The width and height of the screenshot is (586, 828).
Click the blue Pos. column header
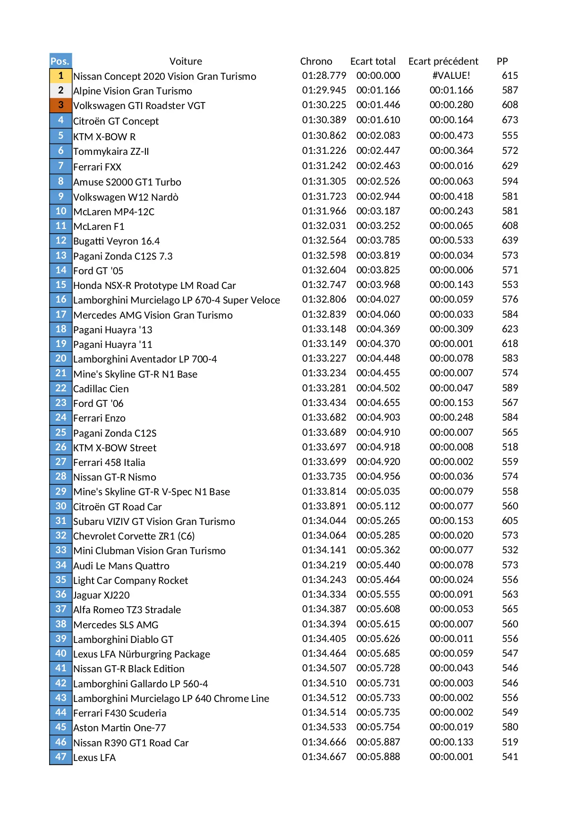pyautogui.click(x=60, y=61)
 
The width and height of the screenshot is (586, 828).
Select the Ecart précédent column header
pyautogui.click(x=443, y=61)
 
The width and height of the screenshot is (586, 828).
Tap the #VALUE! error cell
pyautogui.click(x=451, y=76)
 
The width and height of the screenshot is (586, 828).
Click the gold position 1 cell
pyautogui.click(x=61, y=76)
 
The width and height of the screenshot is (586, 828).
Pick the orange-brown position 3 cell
pyautogui.click(x=61, y=105)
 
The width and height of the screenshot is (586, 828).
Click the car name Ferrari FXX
pyautogui.click(x=97, y=167)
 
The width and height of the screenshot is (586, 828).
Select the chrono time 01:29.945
pyautogui.click(x=324, y=90)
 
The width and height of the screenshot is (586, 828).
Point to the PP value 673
pyautogui.click(x=510, y=120)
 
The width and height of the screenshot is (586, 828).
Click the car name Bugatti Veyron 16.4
pyautogui.click(x=116, y=241)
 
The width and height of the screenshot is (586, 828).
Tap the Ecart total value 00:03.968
pyautogui.click(x=378, y=285)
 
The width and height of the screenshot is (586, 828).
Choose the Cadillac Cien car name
pyautogui.click(x=101, y=389)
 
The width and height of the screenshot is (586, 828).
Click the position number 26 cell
pyautogui.click(x=61, y=447)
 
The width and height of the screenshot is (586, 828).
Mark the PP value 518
pyautogui.click(x=510, y=447)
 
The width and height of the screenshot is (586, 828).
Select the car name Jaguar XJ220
pyautogui.click(x=102, y=595)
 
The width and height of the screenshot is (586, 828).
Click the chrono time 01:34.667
pyautogui.click(x=324, y=757)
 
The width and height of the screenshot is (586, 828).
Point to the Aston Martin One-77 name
pyautogui.click(x=119, y=727)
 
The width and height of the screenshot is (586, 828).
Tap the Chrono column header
pyautogui.click(x=316, y=61)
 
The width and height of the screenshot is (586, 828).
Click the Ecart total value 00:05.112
pyautogui.click(x=378, y=506)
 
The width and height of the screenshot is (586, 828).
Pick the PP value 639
pyautogui.click(x=510, y=240)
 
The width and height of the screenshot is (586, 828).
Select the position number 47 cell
pyautogui.click(x=61, y=757)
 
